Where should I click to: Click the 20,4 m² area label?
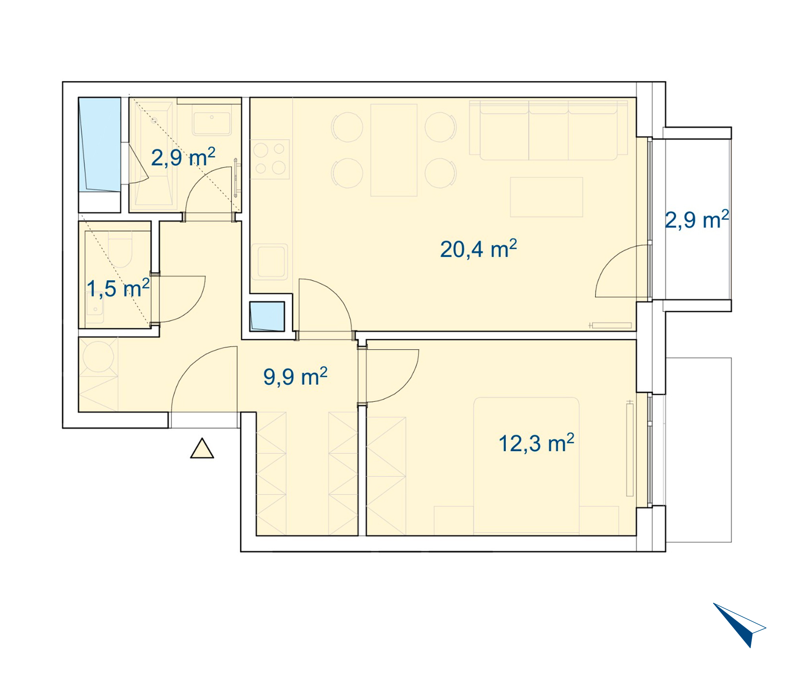pyautogui.click(x=478, y=249)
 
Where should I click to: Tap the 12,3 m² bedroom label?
pyautogui.click(x=536, y=443)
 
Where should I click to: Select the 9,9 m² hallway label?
pyautogui.click(x=295, y=377)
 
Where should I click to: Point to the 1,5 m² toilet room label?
pyautogui.click(x=118, y=288)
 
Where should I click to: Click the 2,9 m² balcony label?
pyautogui.click(x=697, y=220)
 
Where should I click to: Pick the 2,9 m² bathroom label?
pyautogui.click(x=183, y=157)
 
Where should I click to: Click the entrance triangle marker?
pyautogui.click(x=202, y=449)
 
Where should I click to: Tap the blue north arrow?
pyautogui.click(x=739, y=625)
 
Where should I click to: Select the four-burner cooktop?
pyautogui.click(x=270, y=159)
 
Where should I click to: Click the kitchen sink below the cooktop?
pyautogui.click(x=270, y=262)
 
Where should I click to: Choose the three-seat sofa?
pyautogui.click(x=549, y=130)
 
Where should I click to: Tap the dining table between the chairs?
pyautogui.click(x=394, y=150)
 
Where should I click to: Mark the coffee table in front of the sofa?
pyautogui.click(x=547, y=197)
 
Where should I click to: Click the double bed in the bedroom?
pyautogui.click(x=526, y=466)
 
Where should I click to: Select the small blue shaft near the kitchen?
pyautogui.click(x=267, y=317)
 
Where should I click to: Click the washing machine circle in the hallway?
pyautogui.click(x=98, y=356)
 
